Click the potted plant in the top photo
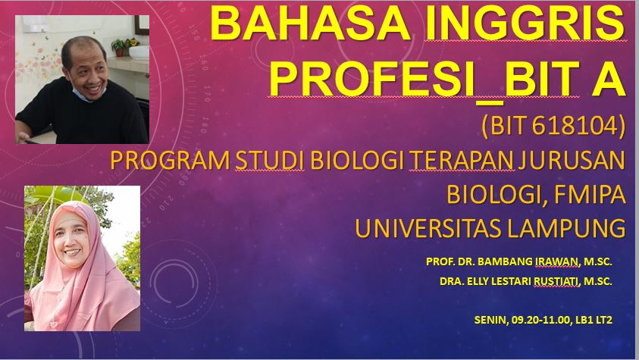(x=120, y=45)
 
